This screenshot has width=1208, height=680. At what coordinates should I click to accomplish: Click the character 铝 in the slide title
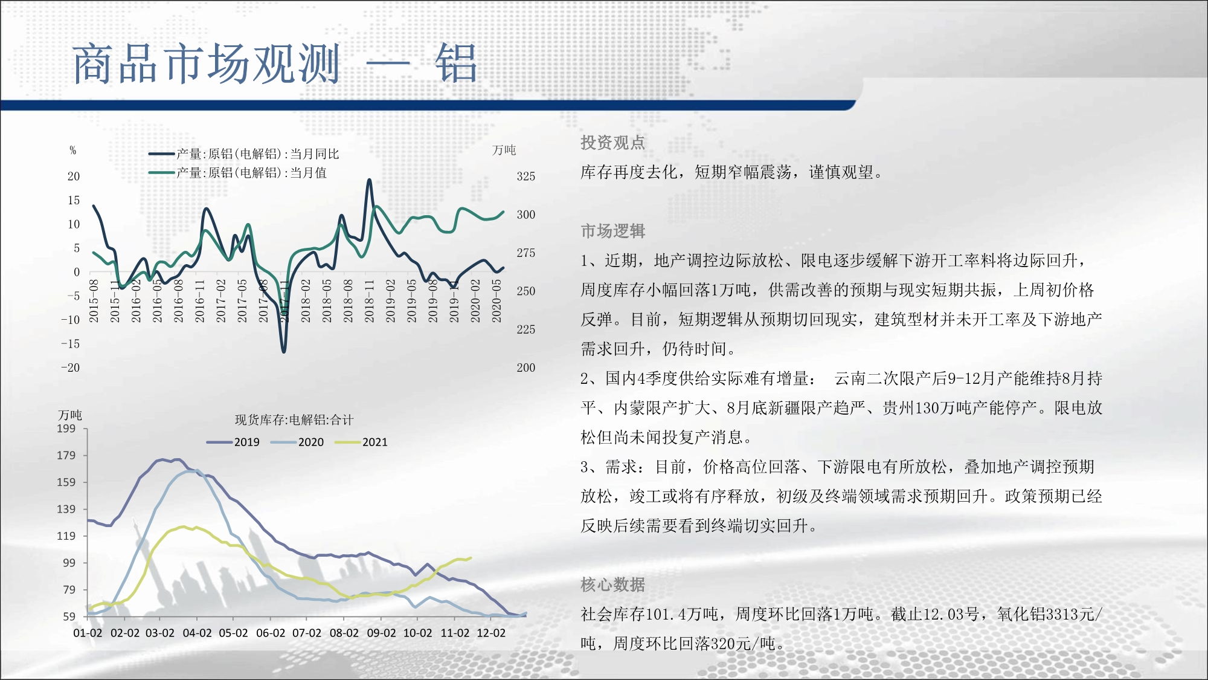(456, 63)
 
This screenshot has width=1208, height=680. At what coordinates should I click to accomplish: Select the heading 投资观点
(613, 143)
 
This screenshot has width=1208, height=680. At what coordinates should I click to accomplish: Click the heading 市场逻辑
(613, 231)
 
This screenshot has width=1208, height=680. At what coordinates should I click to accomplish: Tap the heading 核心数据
(613, 584)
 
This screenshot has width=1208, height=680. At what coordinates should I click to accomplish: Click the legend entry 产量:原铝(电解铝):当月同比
(244, 154)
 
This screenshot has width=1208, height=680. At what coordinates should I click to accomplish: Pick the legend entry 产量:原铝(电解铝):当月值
(238, 173)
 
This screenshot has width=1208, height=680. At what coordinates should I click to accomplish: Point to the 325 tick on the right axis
(526, 176)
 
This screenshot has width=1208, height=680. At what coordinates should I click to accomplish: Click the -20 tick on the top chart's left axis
(70, 368)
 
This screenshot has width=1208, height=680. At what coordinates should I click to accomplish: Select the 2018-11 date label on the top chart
(370, 300)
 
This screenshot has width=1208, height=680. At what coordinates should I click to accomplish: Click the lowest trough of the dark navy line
(284, 351)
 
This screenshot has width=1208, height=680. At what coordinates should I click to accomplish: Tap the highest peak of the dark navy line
(369, 180)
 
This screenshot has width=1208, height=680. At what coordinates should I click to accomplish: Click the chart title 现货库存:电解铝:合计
(294, 420)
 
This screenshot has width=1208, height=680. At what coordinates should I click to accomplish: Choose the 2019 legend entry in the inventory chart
(233, 442)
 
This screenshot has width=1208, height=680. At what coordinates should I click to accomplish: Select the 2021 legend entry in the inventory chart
(361, 442)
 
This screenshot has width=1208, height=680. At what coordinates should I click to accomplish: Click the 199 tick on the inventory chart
(66, 429)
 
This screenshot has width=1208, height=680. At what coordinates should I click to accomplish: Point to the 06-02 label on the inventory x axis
(271, 633)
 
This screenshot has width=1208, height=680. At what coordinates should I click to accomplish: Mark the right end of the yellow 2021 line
(471, 558)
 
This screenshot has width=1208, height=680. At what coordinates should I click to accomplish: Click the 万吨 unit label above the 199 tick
(70, 415)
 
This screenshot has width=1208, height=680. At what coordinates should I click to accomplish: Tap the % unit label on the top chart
(73, 151)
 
